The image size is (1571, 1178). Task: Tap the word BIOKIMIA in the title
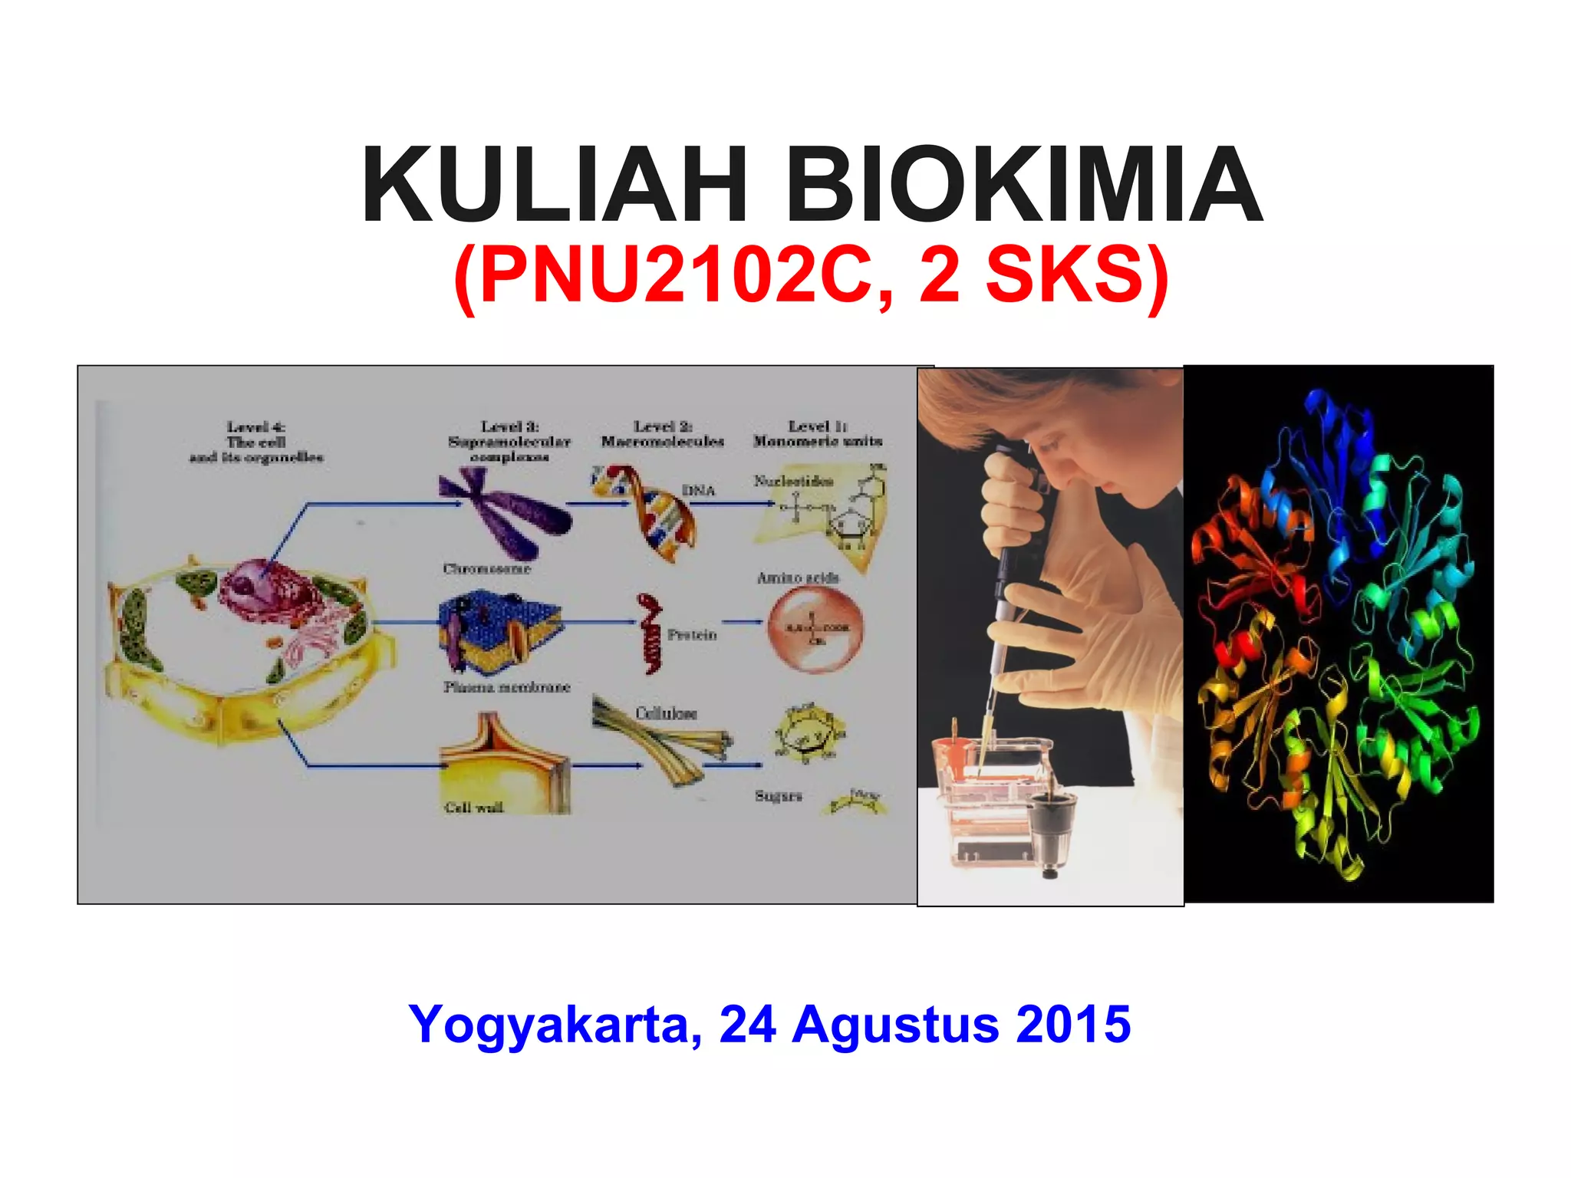(1023, 186)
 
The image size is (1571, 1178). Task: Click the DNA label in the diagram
(698, 491)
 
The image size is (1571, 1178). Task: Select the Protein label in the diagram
(692, 635)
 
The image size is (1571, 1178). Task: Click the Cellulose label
(666, 714)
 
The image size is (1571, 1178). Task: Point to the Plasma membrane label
(506, 687)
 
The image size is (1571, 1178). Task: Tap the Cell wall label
(473, 808)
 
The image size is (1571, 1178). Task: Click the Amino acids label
(798, 578)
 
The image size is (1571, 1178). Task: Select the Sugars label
(778, 796)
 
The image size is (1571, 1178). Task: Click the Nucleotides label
(792, 482)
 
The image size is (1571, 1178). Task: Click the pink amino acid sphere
(815, 629)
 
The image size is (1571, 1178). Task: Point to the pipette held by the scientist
(1001, 583)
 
